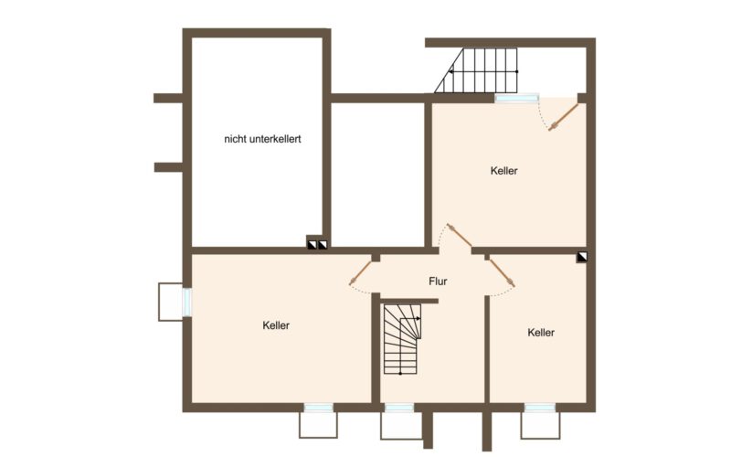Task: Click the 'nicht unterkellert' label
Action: (x=263, y=140)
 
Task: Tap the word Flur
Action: (x=440, y=282)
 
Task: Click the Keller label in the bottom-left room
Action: (x=276, y=325)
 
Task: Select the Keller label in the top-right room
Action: (x=503, y=171)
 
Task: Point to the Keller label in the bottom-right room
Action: (x=541, y=333)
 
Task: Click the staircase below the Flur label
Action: (x=403, y=339)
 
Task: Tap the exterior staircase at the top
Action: (x=477, y=70)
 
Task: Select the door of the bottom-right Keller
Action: (x=502, y=272)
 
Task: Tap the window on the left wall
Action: (x=186, y=302)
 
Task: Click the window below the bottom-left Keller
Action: (x=318, y=408)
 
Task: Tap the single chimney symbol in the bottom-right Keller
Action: (x=582, y=259)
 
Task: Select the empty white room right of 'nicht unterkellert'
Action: (x=377, y=174)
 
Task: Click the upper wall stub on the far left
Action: (x=168, y=98)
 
